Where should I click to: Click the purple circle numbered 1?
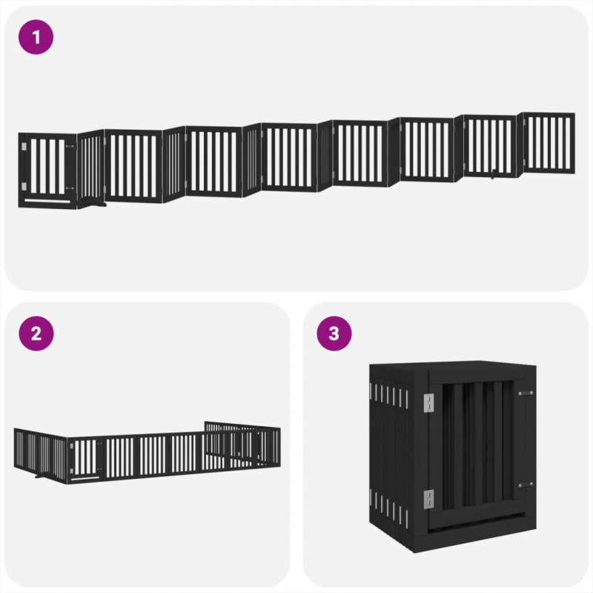pos(36,37)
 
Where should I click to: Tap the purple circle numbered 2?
pos(36,334)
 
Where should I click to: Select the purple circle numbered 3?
pos(334,334)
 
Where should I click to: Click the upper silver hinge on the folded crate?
pos(428,402)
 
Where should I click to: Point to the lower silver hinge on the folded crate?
pos(428,499)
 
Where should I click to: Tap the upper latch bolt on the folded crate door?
pos(526,394)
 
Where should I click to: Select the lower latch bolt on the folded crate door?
pos(526,486)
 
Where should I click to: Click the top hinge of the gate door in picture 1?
pos(24,146)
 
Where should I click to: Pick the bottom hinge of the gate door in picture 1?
pos(24,186)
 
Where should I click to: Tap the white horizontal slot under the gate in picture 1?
pos(47,201)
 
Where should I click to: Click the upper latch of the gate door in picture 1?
pos(70,146)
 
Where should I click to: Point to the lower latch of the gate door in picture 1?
pos(70,188)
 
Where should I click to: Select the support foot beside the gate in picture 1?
pos(96,205)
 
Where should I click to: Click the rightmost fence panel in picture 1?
pos(549,143)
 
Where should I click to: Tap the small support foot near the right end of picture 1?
pos(493,176)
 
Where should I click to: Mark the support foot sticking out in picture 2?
pos(42,475)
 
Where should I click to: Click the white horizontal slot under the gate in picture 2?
pos(85,479)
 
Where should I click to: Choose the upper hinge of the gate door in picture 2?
pos(71,447)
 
